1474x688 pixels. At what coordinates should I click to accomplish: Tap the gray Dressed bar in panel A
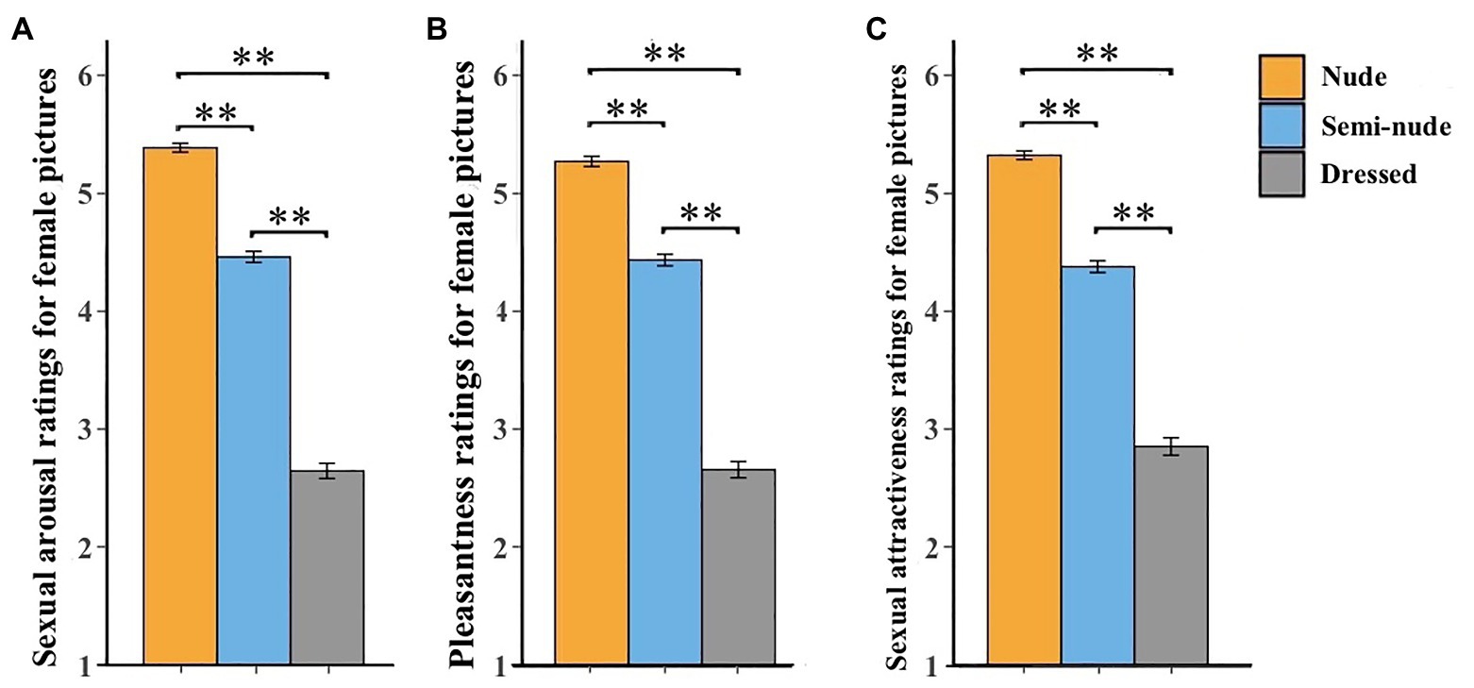pyautogui.click(x=327, y=567)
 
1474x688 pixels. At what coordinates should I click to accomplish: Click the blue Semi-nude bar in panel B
pyautogui.click(x=665, y=461)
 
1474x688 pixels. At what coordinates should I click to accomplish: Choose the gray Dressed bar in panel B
pyautogui.click(x=738, y=567)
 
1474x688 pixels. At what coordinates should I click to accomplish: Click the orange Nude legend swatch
pyautogui.click(x=1281, y=77)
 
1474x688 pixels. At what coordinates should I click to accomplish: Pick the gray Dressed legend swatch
pyautogui.click(x=1281, y=174)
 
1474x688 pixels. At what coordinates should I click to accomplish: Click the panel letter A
pyautogui.click(x=17, y=30)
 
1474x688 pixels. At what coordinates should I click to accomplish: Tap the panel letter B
pyautogui.click(x=436, y=30)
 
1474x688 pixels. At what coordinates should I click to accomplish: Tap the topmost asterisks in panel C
pyautogui.click(x=1097, y=54)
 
